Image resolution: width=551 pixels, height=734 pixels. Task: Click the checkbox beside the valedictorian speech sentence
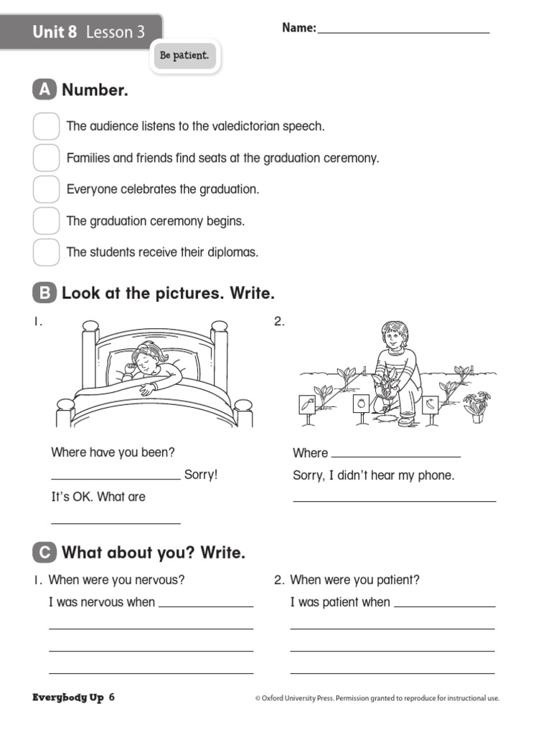46,126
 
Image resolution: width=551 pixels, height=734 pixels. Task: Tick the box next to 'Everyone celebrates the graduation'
46,189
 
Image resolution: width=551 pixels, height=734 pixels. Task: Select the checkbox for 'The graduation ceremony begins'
46,221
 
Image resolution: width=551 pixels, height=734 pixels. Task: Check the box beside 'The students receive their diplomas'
46,252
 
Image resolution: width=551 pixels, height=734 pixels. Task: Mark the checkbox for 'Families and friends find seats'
46,158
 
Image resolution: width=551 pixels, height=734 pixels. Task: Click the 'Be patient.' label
184,56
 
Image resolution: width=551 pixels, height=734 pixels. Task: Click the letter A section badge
44,90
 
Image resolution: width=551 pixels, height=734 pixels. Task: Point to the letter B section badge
44,293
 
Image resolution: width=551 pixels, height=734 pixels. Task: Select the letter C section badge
44,552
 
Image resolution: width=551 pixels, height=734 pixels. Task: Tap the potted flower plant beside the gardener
476,405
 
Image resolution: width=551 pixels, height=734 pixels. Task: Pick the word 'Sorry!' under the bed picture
201,475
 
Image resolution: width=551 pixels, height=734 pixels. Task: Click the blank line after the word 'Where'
396,455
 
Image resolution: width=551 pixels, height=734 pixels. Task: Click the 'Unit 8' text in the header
55,32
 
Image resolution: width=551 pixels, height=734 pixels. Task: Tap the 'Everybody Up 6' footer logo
73,697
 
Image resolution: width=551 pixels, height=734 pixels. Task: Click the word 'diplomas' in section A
235,252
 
